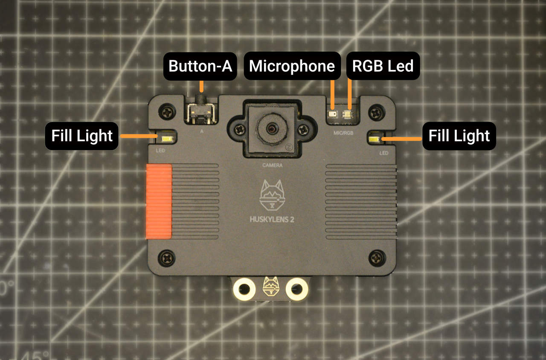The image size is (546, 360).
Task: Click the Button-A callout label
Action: (x=200, y=66)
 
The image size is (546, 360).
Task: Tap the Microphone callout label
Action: (x=292, y=66)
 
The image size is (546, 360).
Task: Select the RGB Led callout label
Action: (x=382, y=66)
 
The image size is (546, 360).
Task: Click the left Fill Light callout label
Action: (x=81, y=136)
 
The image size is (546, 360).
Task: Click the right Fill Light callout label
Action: (x=459, y=136)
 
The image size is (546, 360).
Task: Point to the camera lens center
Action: (x=271, y=128)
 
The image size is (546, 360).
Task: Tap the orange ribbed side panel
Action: (x=159, y=200)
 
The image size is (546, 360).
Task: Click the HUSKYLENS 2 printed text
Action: (x=272, y=220)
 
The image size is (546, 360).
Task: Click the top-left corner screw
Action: (x=166, y=112)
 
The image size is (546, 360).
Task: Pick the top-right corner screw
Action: (x=377, y=112)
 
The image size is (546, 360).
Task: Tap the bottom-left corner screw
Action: (x=166, y=257)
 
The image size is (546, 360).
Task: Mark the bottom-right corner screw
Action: (x=377, y=257)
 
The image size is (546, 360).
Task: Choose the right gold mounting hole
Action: (x=297, y=289)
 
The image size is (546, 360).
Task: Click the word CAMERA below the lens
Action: (x=272, y=165)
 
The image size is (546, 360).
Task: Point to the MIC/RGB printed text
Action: (x=344, y=133)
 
